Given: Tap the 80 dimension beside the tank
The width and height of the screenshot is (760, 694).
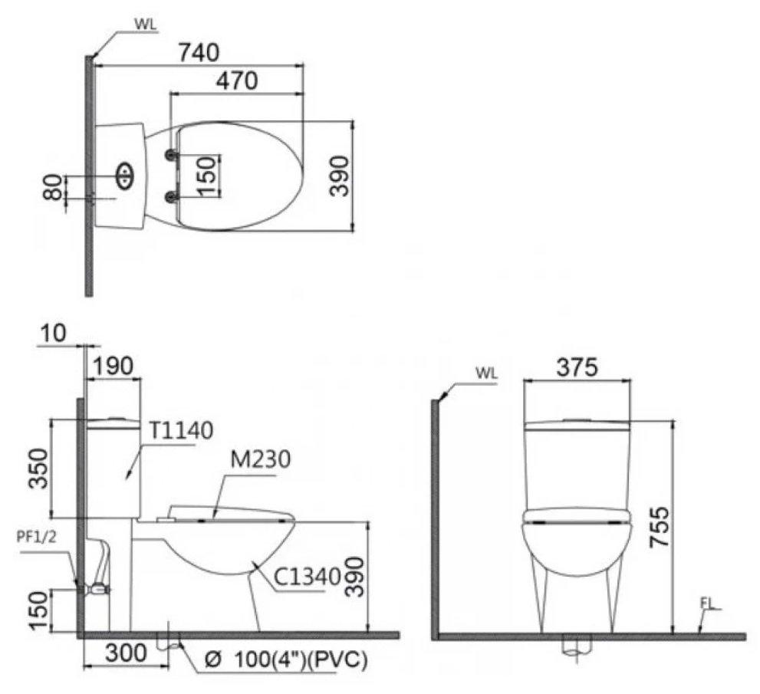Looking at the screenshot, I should point(53,187).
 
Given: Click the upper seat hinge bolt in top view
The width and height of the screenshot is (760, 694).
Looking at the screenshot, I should point(169,156).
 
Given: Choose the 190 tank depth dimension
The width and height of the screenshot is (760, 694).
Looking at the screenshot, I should point(114,366).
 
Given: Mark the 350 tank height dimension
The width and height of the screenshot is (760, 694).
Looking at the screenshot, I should point(38,468).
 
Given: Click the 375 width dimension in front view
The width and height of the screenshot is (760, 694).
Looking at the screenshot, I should point(577,367).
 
